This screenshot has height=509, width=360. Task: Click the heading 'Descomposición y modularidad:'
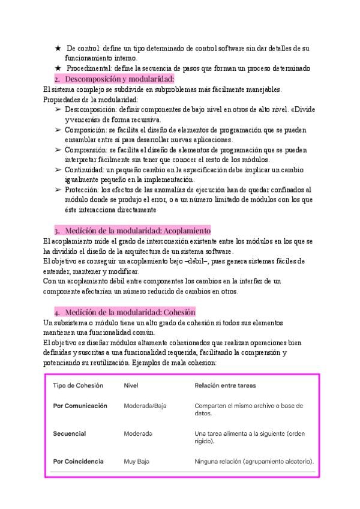119,79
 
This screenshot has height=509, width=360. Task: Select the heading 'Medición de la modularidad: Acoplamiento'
137,230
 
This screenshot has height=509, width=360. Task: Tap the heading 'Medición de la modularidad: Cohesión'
130,312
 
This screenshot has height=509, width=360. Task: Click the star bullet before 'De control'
58,48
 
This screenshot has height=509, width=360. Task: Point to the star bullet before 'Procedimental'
58,68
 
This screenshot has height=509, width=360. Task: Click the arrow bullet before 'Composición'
58,130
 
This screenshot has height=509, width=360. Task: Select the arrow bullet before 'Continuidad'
58,170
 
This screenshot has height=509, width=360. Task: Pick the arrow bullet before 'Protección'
58,190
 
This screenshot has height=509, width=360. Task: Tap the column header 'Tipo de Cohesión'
78,385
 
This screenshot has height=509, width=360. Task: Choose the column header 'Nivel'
131,385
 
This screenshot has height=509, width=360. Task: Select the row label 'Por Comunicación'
80,406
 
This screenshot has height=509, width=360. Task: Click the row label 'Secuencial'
70,433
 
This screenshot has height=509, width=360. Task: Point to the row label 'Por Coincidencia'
78,462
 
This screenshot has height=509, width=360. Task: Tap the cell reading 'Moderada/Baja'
145,406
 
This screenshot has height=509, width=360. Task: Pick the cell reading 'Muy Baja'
136,462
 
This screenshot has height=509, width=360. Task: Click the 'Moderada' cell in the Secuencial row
138,433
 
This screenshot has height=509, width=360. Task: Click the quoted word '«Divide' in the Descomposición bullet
302,109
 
